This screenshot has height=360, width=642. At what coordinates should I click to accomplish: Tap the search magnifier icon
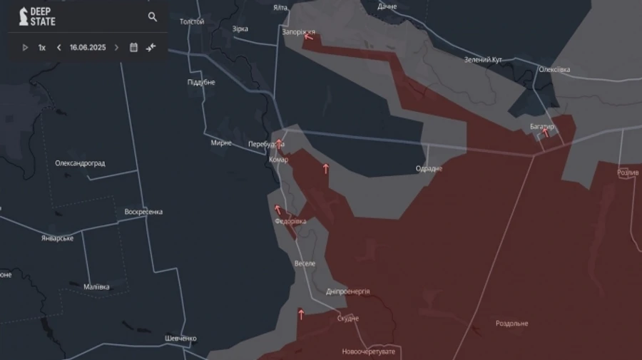[153, 16]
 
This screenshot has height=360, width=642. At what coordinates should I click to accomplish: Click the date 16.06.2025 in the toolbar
[88, 48]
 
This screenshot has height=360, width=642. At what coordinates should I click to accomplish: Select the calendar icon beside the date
[133, 48]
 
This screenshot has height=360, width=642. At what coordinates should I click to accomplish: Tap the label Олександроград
[80, 163]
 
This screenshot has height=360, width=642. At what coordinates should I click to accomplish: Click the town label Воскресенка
[143, 212]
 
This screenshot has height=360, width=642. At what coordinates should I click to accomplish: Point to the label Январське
[57, 238]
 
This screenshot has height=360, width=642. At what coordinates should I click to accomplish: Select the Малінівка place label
[97, 287]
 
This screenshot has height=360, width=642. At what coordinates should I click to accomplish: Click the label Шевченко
[180, 338]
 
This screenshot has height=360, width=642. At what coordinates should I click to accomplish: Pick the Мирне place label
[221, 143]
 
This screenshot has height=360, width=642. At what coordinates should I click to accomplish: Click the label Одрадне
[429, 169]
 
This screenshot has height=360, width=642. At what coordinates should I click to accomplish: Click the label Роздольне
[512, 324]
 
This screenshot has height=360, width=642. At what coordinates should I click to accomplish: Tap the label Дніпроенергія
[347, 292]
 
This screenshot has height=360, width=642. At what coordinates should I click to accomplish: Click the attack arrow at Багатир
[546, 133]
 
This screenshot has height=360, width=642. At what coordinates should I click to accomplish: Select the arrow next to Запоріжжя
[309, 37]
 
